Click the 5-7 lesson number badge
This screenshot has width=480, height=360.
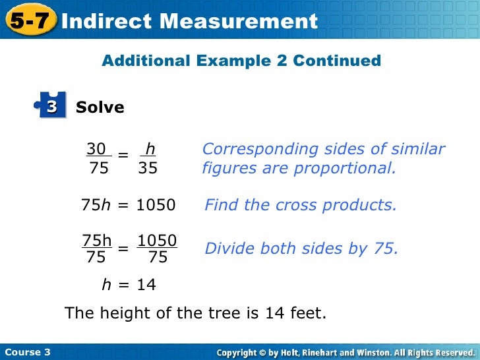click(29, 20)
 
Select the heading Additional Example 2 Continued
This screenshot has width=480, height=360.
click(241, 61)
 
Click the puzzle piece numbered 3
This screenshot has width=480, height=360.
click(51, 105)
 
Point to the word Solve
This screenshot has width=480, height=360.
click(100, 107)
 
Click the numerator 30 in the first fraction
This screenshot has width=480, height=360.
click(97, 149)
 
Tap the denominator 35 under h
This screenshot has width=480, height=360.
click(148, 168)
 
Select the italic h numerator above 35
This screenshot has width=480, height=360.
click(150, 149)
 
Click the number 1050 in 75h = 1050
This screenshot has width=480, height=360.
click(156, 205)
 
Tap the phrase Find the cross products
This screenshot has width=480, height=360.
click(301, 205)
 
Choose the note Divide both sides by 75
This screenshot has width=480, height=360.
click(301, 249)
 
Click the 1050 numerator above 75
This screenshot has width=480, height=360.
click(157, 240)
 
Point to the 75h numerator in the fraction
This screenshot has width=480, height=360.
click(96, 240)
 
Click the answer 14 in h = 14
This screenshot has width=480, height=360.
click(146, 285)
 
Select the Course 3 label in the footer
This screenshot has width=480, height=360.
click(27, 352)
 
